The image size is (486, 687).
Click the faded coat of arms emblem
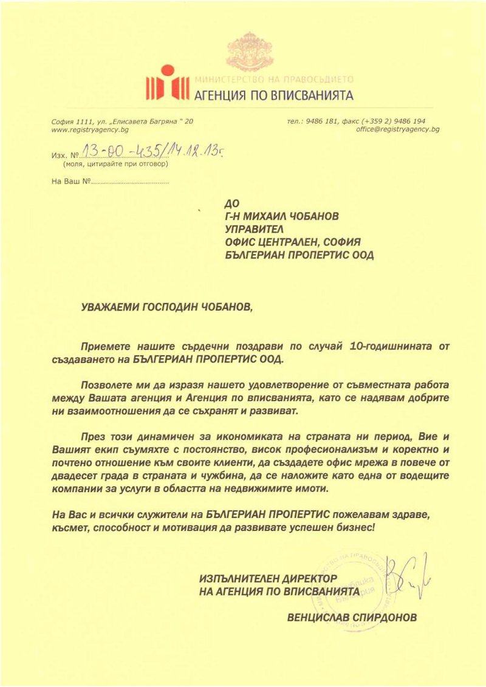pyautogui.click(x=249, y=53)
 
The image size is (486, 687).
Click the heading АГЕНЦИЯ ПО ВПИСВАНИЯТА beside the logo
pyautogui.click(x=273, y=95)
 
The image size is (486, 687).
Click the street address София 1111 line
pyautogui.click(x=122, y=121)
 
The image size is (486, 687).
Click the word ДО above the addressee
pyautogui.click(x=232, y=203)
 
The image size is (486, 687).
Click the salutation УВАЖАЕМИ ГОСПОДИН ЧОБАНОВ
pyautogui.click(x=166, y=307)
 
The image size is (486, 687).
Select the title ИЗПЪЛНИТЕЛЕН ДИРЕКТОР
pyautogui.click(x=267, y=578)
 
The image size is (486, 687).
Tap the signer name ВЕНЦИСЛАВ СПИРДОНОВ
pyautogui.click(x=352, y=618)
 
